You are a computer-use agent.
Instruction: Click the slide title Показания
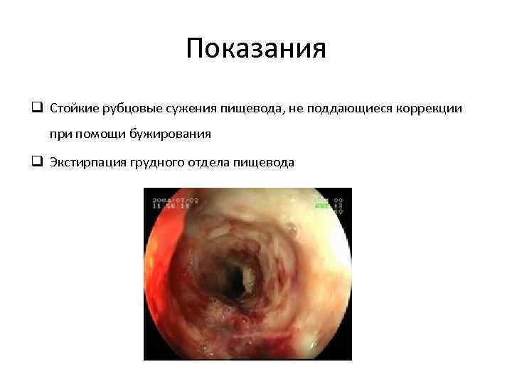pos(256,50)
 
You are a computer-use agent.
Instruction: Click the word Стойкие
pos(74,108)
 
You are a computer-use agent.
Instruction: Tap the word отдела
pos(211,162)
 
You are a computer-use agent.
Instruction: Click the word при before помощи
pos(60,134)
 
